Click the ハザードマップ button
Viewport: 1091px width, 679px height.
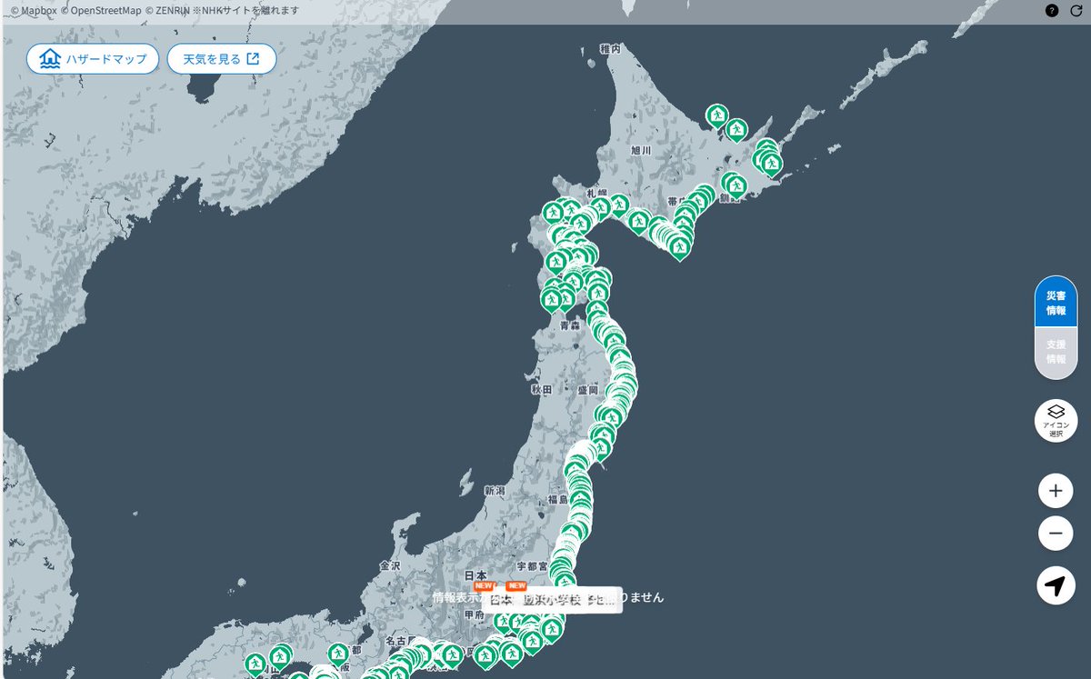tap(93, 59)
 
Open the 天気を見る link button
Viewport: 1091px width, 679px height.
tap(221, 59)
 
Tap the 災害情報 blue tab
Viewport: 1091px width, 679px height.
tap(1056, 303)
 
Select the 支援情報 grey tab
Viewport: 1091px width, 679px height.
tap(1056, 352)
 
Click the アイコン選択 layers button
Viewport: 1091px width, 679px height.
tap(1056, 421)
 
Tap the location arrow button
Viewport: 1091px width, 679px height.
tap(1055, 586)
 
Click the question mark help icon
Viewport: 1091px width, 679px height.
tap(1052, 11)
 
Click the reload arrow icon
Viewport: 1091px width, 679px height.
tap(1076, 11)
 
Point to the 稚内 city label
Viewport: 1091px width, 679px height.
tap(610, 49)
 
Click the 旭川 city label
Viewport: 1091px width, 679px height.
tap(641, 150)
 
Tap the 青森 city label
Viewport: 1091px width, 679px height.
tap(570, 325)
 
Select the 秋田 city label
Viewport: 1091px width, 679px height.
tap(542, 389)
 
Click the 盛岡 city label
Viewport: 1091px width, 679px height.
tap(587, 389)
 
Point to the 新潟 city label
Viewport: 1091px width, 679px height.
tap(494, 491)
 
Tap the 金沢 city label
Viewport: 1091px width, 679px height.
tap(390, 565)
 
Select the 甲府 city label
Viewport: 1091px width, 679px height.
tap(472, 615)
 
